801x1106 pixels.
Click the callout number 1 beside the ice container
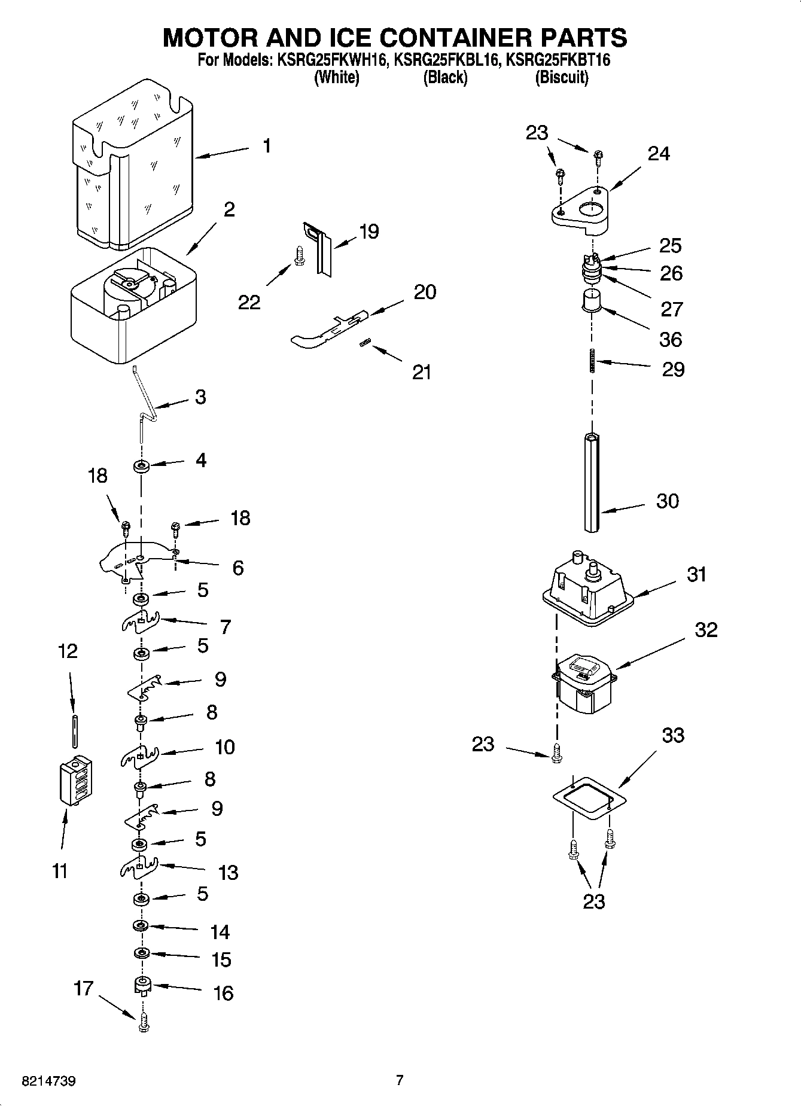tap(266, 145)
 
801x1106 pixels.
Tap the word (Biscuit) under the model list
tap(561, 77)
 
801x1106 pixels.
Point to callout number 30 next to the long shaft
tap(668, 501)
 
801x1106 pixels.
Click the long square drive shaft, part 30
tap(592, 482)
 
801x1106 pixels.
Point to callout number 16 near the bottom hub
tap(223, 994)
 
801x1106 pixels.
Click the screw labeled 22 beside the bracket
tap(299, 258)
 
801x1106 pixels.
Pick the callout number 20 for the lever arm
tap(424, 292)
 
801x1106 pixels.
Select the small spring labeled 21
tap(366, 343)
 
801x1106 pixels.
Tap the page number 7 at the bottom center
tap(400, 1080)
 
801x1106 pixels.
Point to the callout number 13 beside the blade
tap(228, 872)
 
